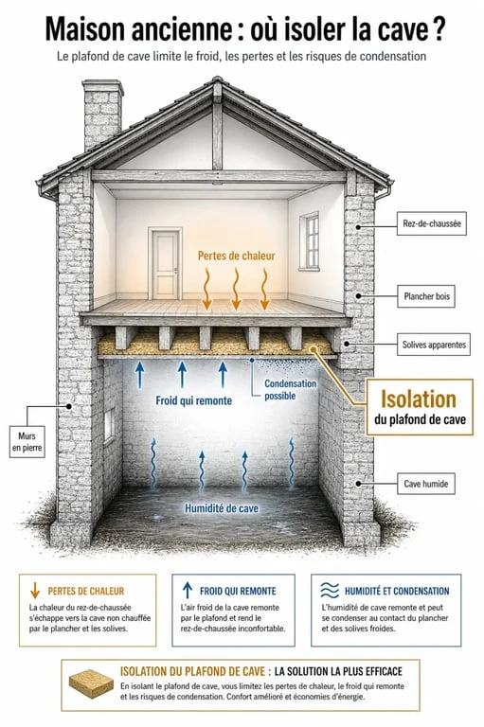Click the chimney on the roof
[x=102, y=114]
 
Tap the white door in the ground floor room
[x=165, y=264]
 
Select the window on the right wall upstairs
[x=309, y=241]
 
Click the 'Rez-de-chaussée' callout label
[x=432, y=223]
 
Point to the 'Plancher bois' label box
[x=426, y=296]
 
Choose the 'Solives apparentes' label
[x=434, y=345]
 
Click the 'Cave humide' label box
[x=426, y=484]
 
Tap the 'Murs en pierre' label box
[x=27, y=442]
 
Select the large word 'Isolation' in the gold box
[x=419, y=399]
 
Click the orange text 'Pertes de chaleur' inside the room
[x=236, y=256]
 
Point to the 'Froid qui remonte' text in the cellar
[x=193, y=400]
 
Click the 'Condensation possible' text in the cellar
[x=291, y=389]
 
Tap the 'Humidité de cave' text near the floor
[x=222, y=508]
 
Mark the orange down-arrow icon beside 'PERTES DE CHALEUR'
[x=35, y=591]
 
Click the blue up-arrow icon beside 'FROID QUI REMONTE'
[x=187, y=591]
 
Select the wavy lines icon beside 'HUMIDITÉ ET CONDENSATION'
[x=330, y=591]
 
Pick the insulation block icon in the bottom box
[x=92, y=683]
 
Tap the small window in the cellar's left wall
[x=109, y=425]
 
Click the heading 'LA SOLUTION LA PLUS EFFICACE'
[x=338, y=671]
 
